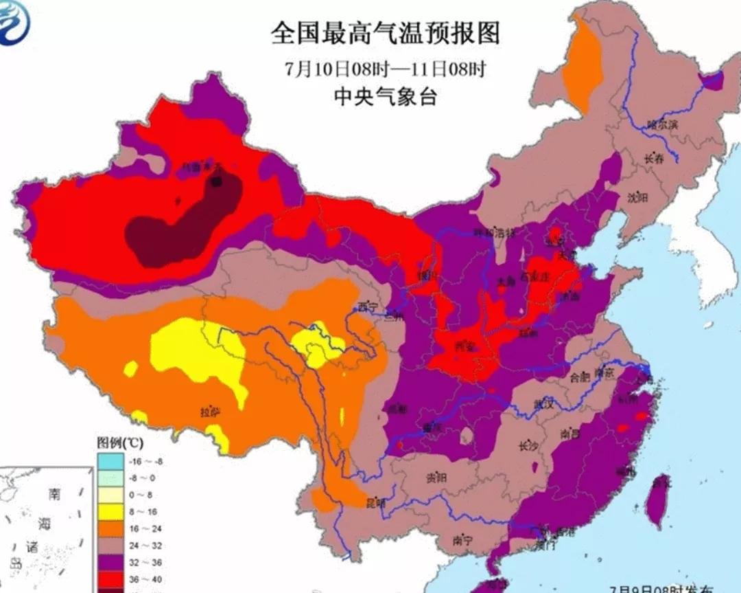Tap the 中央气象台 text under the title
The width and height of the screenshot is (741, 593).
[385, 98]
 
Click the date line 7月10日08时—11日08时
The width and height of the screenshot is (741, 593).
[385, 69]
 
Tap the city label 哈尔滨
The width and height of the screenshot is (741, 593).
[662, 125]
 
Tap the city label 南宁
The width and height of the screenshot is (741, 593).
[463, 541]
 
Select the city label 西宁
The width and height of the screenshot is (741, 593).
[367, 307]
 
